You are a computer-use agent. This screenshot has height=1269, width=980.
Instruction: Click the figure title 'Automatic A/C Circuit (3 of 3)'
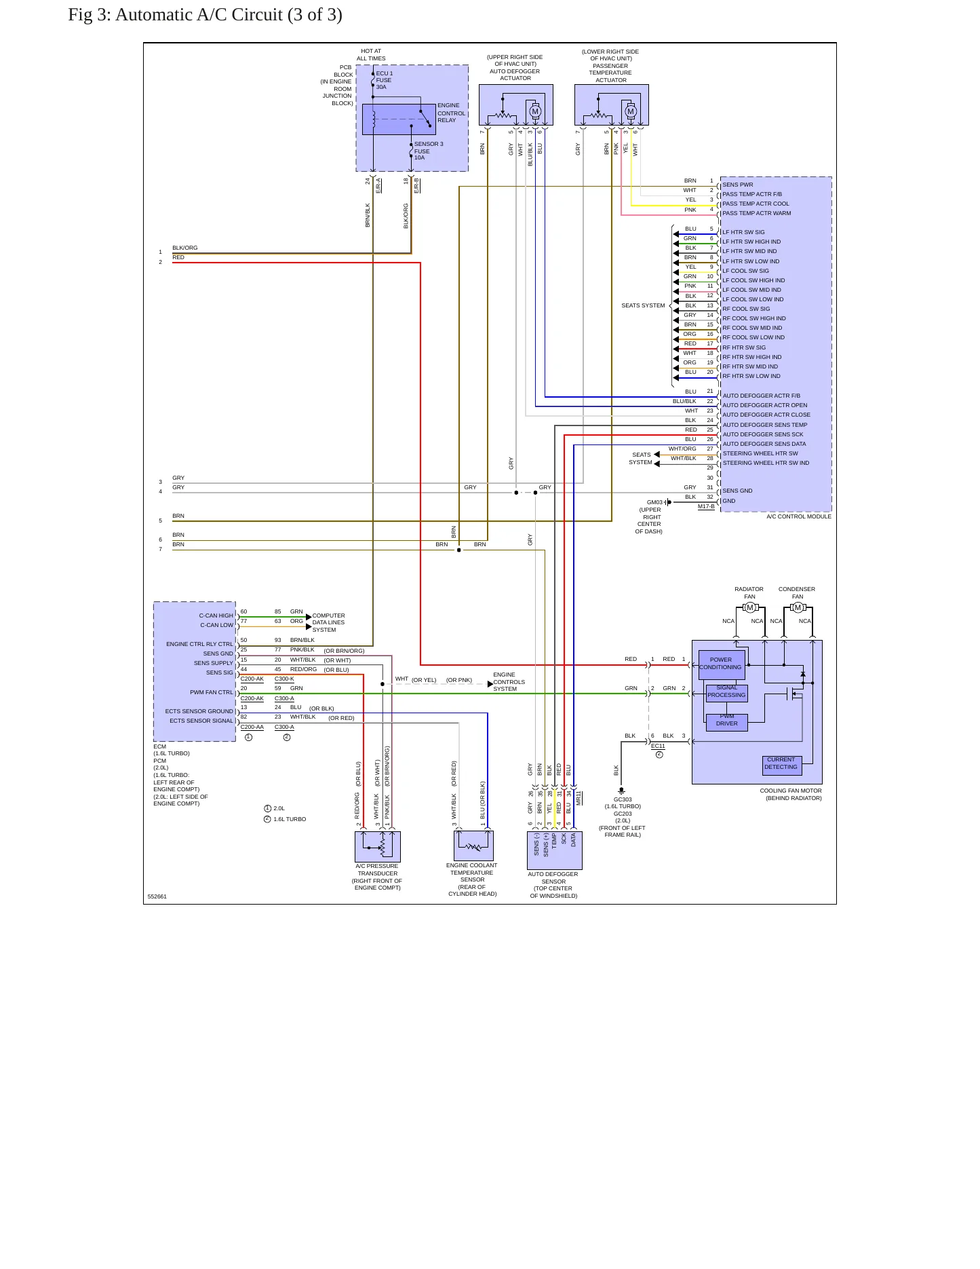coord(229,15)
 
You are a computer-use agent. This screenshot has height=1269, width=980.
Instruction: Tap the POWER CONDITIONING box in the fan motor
coord(721,664)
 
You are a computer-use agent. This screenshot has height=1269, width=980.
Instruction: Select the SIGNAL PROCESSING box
coord(726,692)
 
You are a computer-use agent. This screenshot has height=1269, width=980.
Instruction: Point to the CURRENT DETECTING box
coord(781,765)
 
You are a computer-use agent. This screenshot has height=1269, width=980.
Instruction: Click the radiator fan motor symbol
coord(749,607)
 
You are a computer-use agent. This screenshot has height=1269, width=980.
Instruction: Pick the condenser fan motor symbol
coord(798,607)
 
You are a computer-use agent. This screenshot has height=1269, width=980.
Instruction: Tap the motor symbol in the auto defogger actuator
coord(535,112)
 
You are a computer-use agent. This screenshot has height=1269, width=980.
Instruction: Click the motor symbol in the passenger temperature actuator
coord(631,112)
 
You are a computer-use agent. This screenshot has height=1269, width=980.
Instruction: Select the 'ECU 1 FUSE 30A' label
coord(385,80)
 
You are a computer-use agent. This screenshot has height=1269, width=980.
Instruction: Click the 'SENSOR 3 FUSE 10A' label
coord(429,151)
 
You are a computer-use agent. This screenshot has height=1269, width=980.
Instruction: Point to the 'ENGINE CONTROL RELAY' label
coord(451,113)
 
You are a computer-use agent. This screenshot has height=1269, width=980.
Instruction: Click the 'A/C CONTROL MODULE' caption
coord(799,516)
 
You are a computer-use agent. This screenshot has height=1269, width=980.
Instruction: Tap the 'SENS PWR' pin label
coord(738,185)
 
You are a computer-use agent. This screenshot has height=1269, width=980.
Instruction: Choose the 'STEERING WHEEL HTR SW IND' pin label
coord(766,463)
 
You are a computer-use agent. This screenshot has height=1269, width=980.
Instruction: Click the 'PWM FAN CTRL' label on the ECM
coord(212,692)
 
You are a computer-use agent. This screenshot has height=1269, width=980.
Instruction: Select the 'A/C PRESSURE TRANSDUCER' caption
coord(378,870)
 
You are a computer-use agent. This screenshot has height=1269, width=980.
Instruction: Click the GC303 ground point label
coord(623,799)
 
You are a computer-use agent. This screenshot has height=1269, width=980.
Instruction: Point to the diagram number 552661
coord(157,896)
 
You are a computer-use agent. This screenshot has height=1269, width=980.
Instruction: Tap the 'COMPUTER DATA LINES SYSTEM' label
coord(329,622)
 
